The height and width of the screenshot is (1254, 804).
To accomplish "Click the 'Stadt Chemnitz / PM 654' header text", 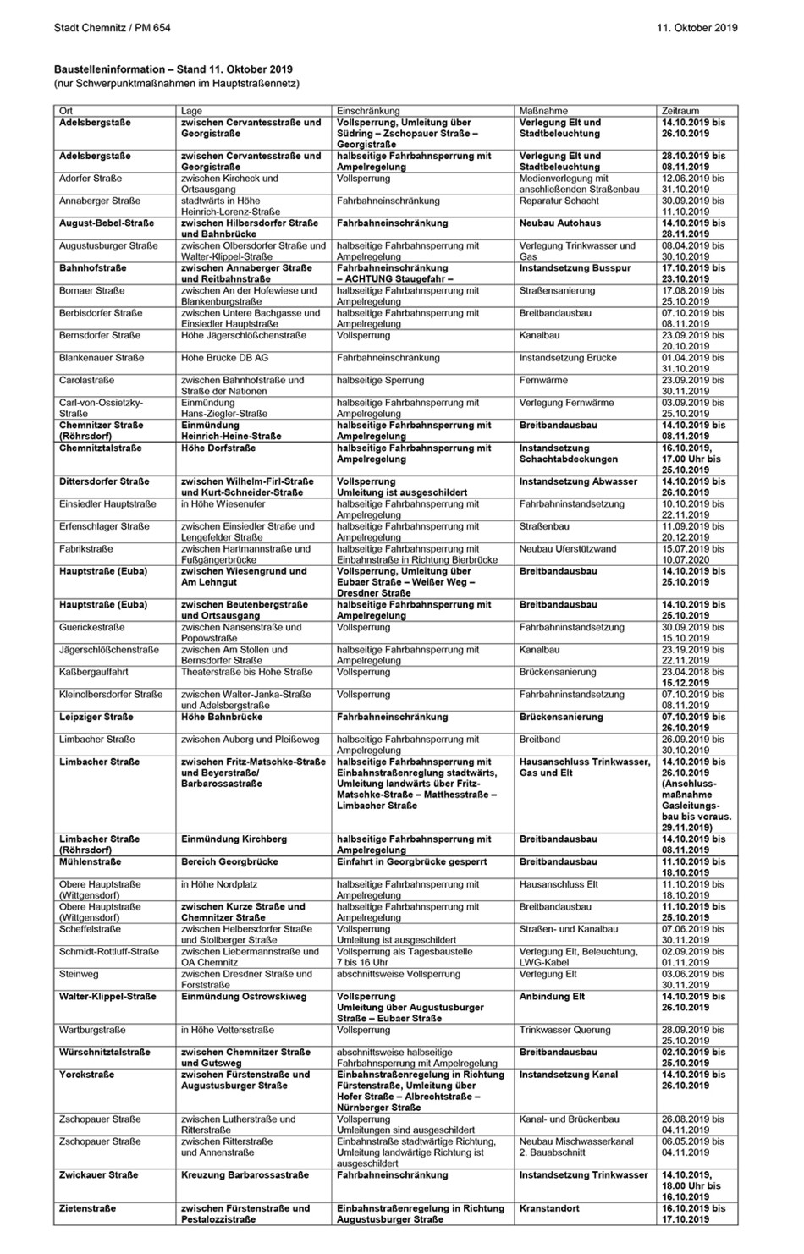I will coord(112,28).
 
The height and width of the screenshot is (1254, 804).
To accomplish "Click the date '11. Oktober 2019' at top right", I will coord(697,28).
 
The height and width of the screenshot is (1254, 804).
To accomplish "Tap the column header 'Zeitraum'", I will coord(680,111).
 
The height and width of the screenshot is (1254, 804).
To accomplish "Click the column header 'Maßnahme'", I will coord(543,111).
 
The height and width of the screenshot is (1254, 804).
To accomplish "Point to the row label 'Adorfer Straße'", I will coord(91,179).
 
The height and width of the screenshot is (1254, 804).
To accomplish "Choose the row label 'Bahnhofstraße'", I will coord(93,268).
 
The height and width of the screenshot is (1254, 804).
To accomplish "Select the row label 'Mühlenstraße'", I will coord(91,861).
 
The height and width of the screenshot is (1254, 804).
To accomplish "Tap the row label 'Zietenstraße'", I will coord(88,1208).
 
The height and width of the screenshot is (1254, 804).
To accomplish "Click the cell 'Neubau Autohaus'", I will coord(560,223).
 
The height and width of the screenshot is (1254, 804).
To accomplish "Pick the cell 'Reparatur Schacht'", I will coord(559,201).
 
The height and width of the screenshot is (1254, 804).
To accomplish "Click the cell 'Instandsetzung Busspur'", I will coord(575,268).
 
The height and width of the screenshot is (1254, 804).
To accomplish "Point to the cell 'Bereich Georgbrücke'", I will coord(229,861).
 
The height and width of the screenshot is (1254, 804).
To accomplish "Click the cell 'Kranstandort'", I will coord(549,1208).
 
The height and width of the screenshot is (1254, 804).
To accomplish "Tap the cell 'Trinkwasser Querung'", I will coord(564,1031).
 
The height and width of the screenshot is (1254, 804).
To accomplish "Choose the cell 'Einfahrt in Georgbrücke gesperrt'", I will coord(411,861).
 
